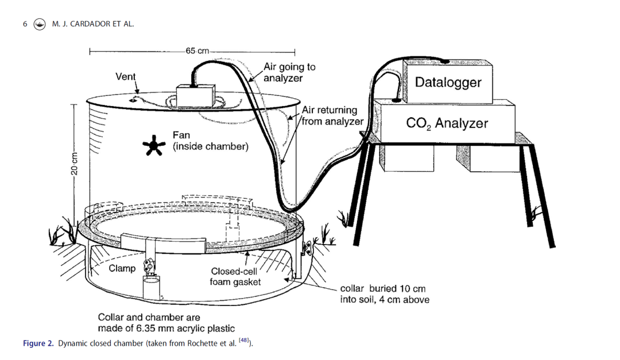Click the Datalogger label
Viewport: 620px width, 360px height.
(448, 82)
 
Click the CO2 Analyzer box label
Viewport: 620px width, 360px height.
(447, 122)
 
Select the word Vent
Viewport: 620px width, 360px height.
(126, 76)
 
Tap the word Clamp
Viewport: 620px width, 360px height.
(122, 268)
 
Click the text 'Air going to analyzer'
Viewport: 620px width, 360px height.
(289, 72)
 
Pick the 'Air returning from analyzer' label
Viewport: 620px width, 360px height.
(332, 115)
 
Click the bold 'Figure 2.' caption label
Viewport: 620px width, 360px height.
(39, 343)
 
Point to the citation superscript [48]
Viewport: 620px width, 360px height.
(242, 341)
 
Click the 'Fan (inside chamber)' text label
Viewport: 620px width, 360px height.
(211, 141)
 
